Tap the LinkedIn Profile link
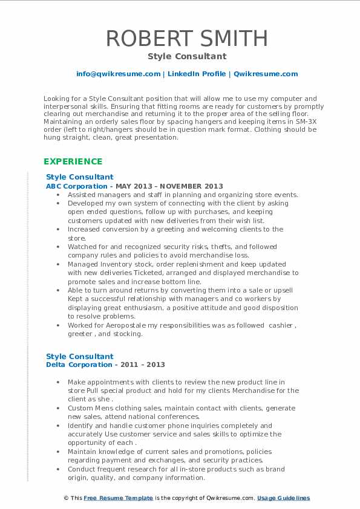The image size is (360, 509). (x=197, y=74)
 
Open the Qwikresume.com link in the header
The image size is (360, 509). (x=266, y=74)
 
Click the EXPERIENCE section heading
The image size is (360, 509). (x=73, y=161)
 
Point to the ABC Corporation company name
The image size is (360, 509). (x=77, y=186)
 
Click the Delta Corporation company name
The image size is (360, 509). (x=79, y=365)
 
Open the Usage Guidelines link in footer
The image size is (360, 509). (x=283, y=498)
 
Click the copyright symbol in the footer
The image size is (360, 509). (x=67, y=498)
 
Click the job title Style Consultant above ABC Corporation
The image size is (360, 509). (x=79, y=177)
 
